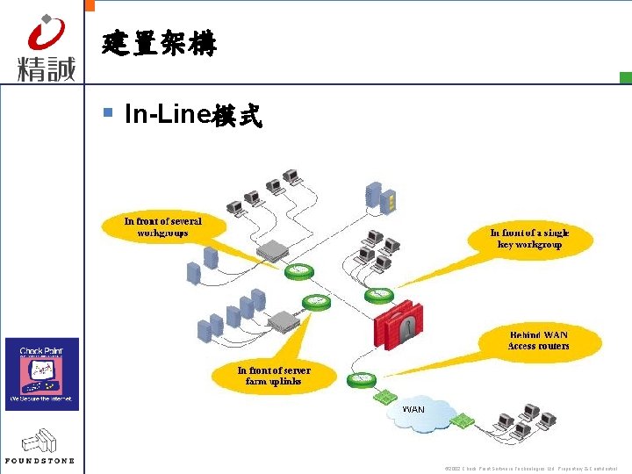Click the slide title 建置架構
pyautogui.click(x=159, y=44)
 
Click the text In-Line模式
pyautogui.click(x=193, y=115)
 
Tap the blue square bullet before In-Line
pyautogui.click(x=109, y=112)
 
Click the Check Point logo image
pyautogui.click(x=42, y=373)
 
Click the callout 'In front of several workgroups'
pyautogui.click(x=163, y=227)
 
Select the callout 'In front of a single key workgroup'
pyautogui.click(x=529, y=239)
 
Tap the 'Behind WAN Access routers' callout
pyautogui.click(x=539, y=341)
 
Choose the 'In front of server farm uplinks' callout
pyautogui.click(x=274, y=376)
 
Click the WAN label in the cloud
pyautogui.click(x=413, y=409)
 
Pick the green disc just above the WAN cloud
pyautogui.click(x=361, y=379)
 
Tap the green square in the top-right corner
pyautogui.click(x=625, y=78)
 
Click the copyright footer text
pyautogui.click(x=531, y=468)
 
